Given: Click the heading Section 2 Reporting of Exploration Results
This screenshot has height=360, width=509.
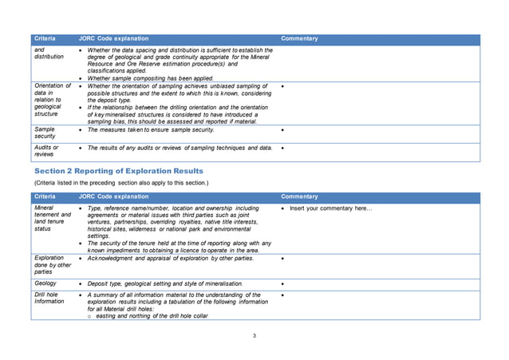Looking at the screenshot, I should [118, 171].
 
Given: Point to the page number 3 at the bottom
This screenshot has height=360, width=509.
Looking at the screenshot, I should [254, 335].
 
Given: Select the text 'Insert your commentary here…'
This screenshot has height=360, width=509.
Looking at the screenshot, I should [330, 208].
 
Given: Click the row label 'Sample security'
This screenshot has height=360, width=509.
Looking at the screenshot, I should [45, 132].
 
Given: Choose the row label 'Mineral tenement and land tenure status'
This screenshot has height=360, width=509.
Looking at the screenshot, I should [53, 218].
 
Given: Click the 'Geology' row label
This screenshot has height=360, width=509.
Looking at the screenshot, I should [45, 283].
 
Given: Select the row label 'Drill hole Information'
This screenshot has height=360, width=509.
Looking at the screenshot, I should [49, 299].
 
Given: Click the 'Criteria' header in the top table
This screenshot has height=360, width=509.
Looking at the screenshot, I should [45, 38].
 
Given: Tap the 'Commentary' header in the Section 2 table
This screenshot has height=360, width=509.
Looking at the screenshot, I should [299, 196].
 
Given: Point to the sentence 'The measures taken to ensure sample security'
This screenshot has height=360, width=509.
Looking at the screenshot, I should [150, 129].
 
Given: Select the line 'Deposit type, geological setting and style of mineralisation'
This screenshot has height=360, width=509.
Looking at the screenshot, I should [165, 283].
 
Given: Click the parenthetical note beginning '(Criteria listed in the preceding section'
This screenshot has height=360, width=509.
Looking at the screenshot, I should [120, 183].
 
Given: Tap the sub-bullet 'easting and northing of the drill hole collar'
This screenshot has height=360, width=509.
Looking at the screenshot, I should [152, 316].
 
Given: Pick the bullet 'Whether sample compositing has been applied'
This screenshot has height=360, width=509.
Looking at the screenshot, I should [150, 78].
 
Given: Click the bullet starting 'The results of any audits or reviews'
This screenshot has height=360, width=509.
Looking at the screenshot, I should [180, 148].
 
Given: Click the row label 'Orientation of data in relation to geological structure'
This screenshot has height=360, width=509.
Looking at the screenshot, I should [53, 101].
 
